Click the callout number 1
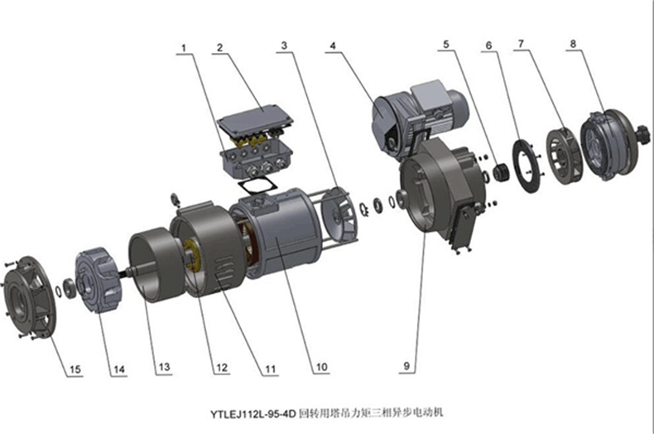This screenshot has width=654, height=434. [184, 49]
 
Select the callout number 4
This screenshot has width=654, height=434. [332, 47]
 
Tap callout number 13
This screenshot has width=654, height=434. [164, 367]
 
